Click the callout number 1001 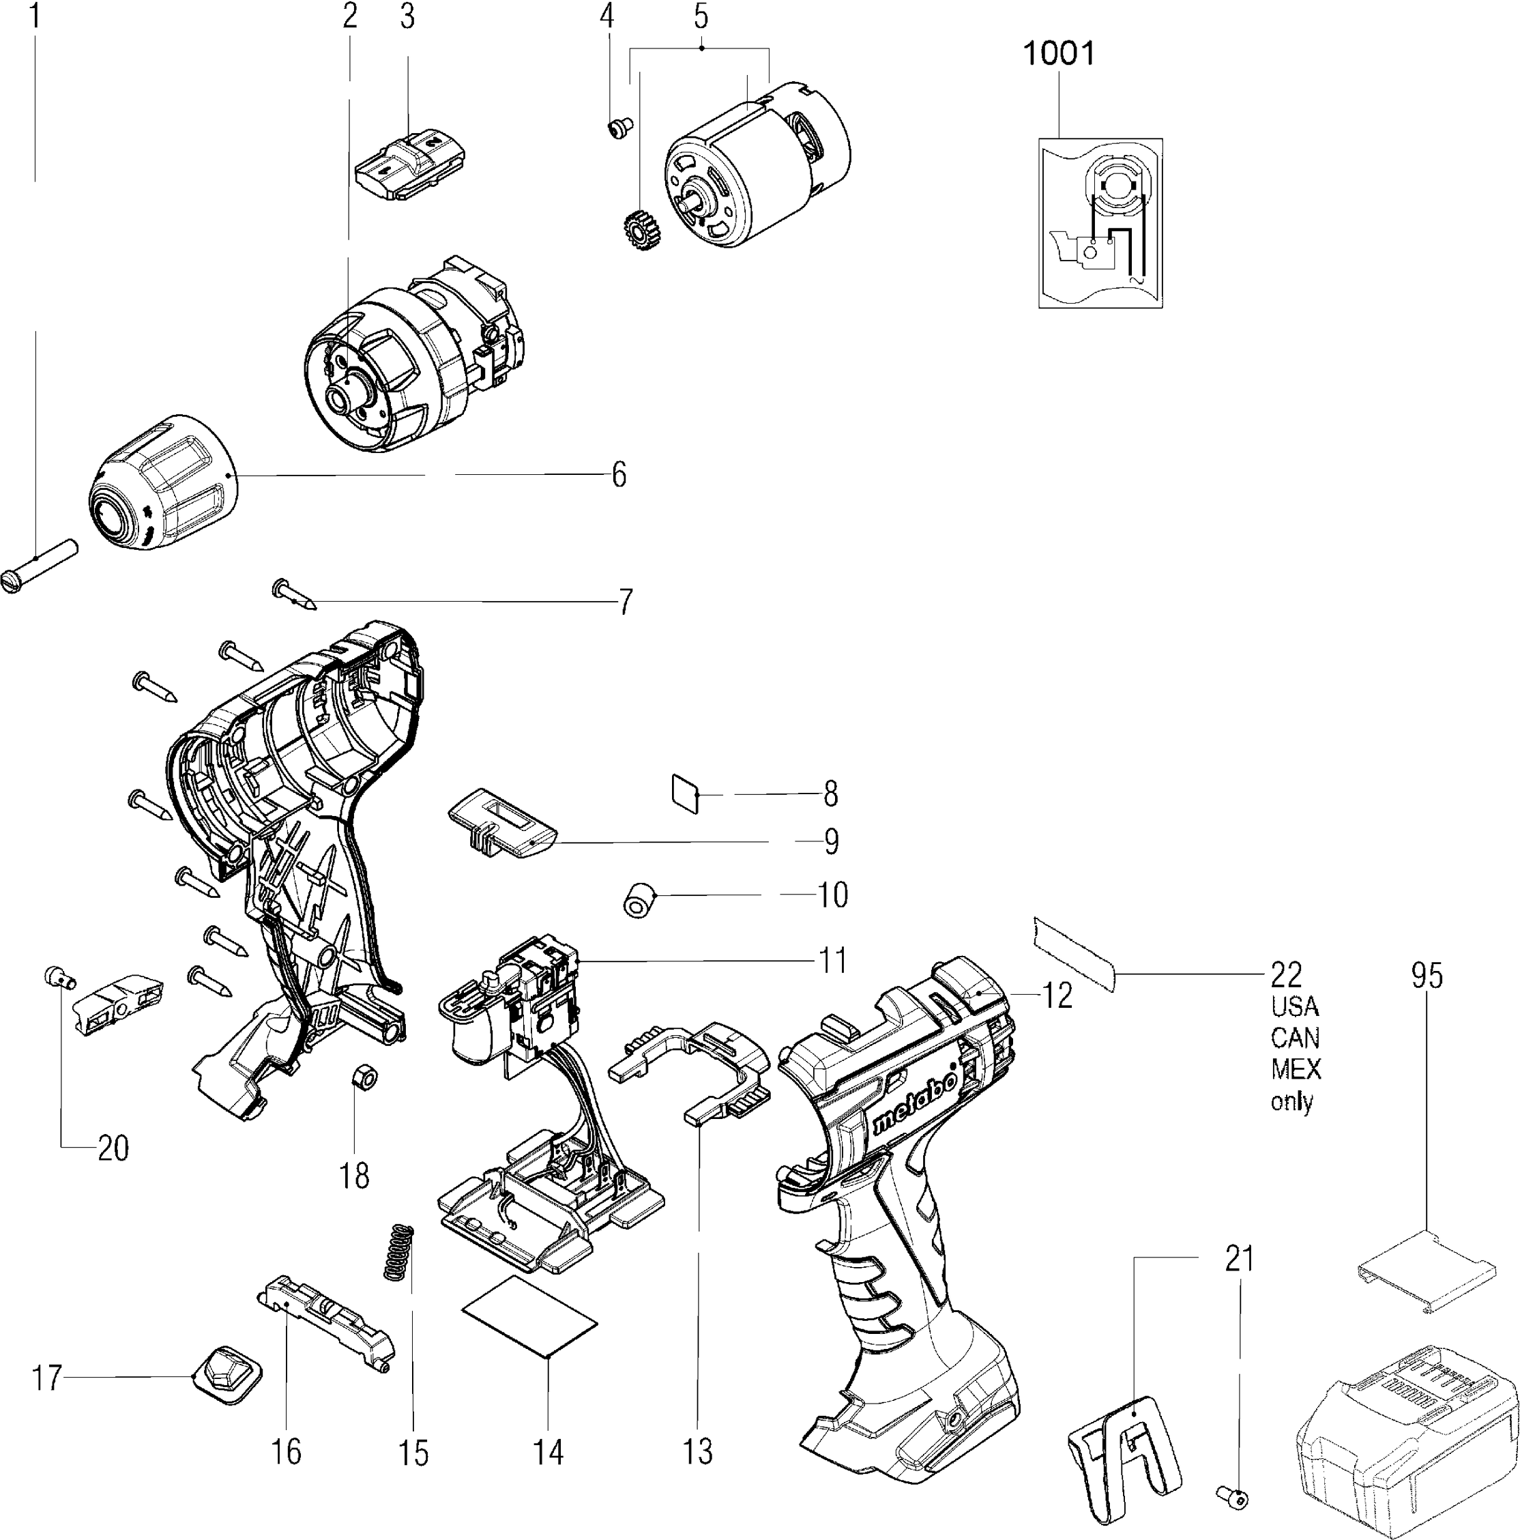1059,54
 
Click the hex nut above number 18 364,1077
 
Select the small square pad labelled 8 685,793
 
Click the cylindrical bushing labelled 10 639,900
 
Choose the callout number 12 1057,996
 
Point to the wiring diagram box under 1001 1100,223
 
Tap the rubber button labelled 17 227,1375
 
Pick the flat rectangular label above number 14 530,1317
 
